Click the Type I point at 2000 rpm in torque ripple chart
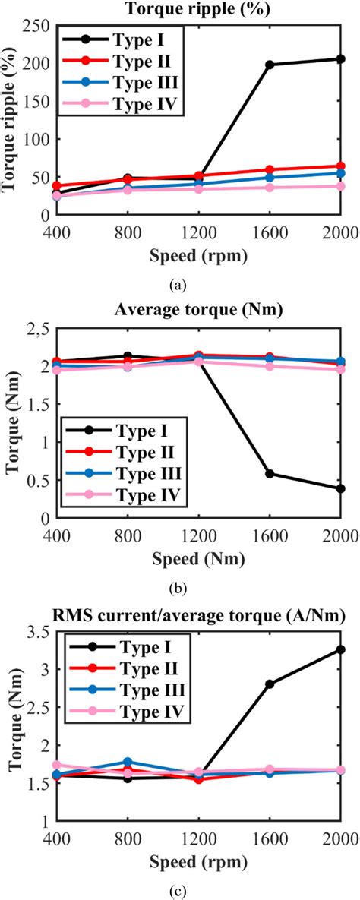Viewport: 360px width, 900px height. [x=340, y=58]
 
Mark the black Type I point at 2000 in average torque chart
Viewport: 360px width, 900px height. [x=340, y=488]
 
